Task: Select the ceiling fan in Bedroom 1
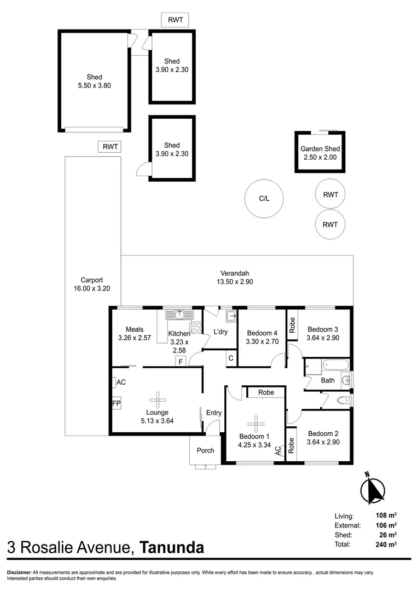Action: [255, 422]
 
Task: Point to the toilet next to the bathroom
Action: [343, 401]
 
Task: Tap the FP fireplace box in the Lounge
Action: [116, 403]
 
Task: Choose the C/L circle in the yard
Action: [264, 199]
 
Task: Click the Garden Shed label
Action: [320, 149]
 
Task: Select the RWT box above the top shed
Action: [175, 20]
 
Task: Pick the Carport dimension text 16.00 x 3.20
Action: [92, 288]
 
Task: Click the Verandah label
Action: [235, 273]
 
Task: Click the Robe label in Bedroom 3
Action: [293, 326]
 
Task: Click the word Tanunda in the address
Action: [172, 547]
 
